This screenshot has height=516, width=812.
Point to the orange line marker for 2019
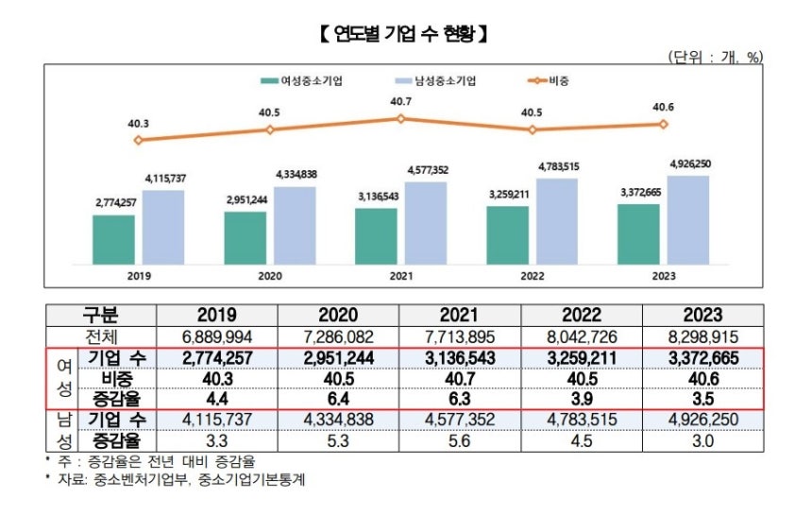click(139, 140)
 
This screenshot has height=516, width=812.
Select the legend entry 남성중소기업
click(438, 81)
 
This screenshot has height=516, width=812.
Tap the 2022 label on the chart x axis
click(533, 278)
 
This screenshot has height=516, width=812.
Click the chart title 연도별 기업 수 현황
click(403, 36)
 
